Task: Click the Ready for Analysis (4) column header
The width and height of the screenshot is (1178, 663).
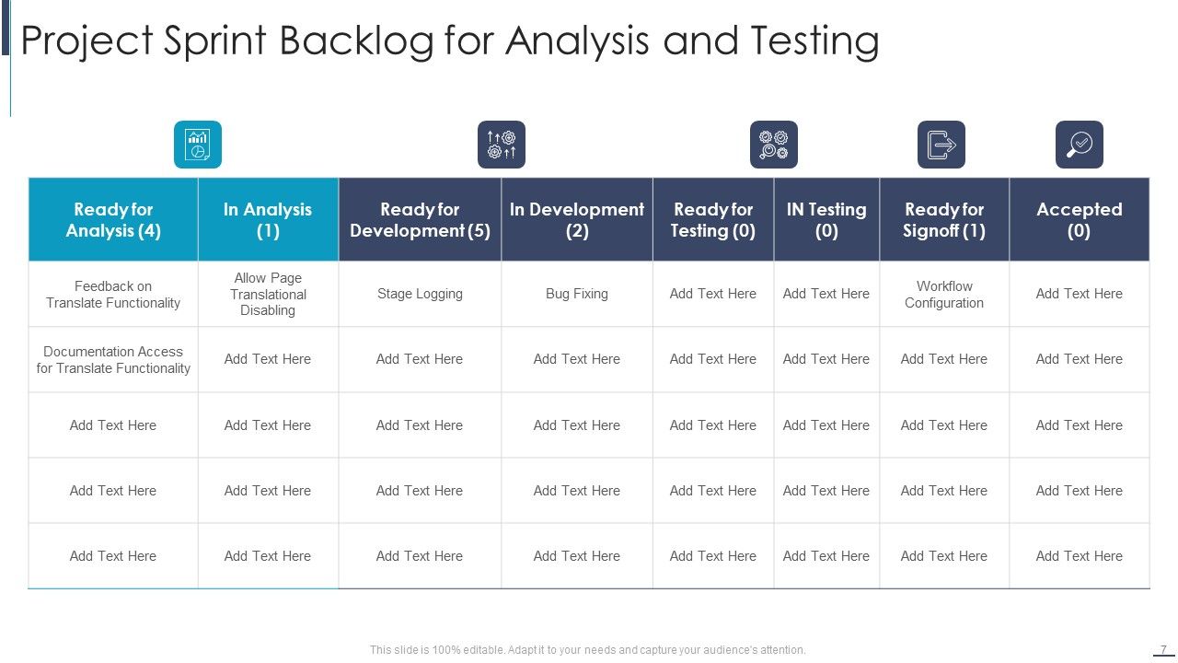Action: click(113, 220)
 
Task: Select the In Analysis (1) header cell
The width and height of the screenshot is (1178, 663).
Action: click(268, 220)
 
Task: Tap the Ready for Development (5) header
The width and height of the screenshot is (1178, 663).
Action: click(420, 220)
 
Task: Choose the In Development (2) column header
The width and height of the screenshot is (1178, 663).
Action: click(577, 220)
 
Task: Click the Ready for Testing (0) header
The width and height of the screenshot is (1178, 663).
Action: click(713, 220)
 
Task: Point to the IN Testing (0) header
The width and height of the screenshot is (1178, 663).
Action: click(826, 220)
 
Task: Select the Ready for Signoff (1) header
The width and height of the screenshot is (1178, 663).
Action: click(944, 220)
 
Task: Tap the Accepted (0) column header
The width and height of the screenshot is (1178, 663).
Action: click(1080, 220)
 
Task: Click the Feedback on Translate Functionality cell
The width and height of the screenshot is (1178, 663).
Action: click(113, 295)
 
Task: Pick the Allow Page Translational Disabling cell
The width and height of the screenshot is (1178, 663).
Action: click(268, 295)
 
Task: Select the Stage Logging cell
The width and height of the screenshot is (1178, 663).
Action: click(420, 295)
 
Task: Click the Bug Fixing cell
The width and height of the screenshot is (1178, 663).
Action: click(577, 295)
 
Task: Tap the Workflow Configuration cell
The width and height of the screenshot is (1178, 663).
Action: click(944, 295)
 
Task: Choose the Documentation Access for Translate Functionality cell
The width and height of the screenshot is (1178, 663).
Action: click(113, 360)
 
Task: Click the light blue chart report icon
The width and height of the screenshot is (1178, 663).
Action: click(198, 145)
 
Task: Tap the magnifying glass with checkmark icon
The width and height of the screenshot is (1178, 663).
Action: click(1080, 145)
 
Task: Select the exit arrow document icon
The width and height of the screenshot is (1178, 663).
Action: click(941, 145)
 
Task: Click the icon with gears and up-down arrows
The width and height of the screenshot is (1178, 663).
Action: click(502, 145)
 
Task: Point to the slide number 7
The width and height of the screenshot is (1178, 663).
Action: click(1163, 649)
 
